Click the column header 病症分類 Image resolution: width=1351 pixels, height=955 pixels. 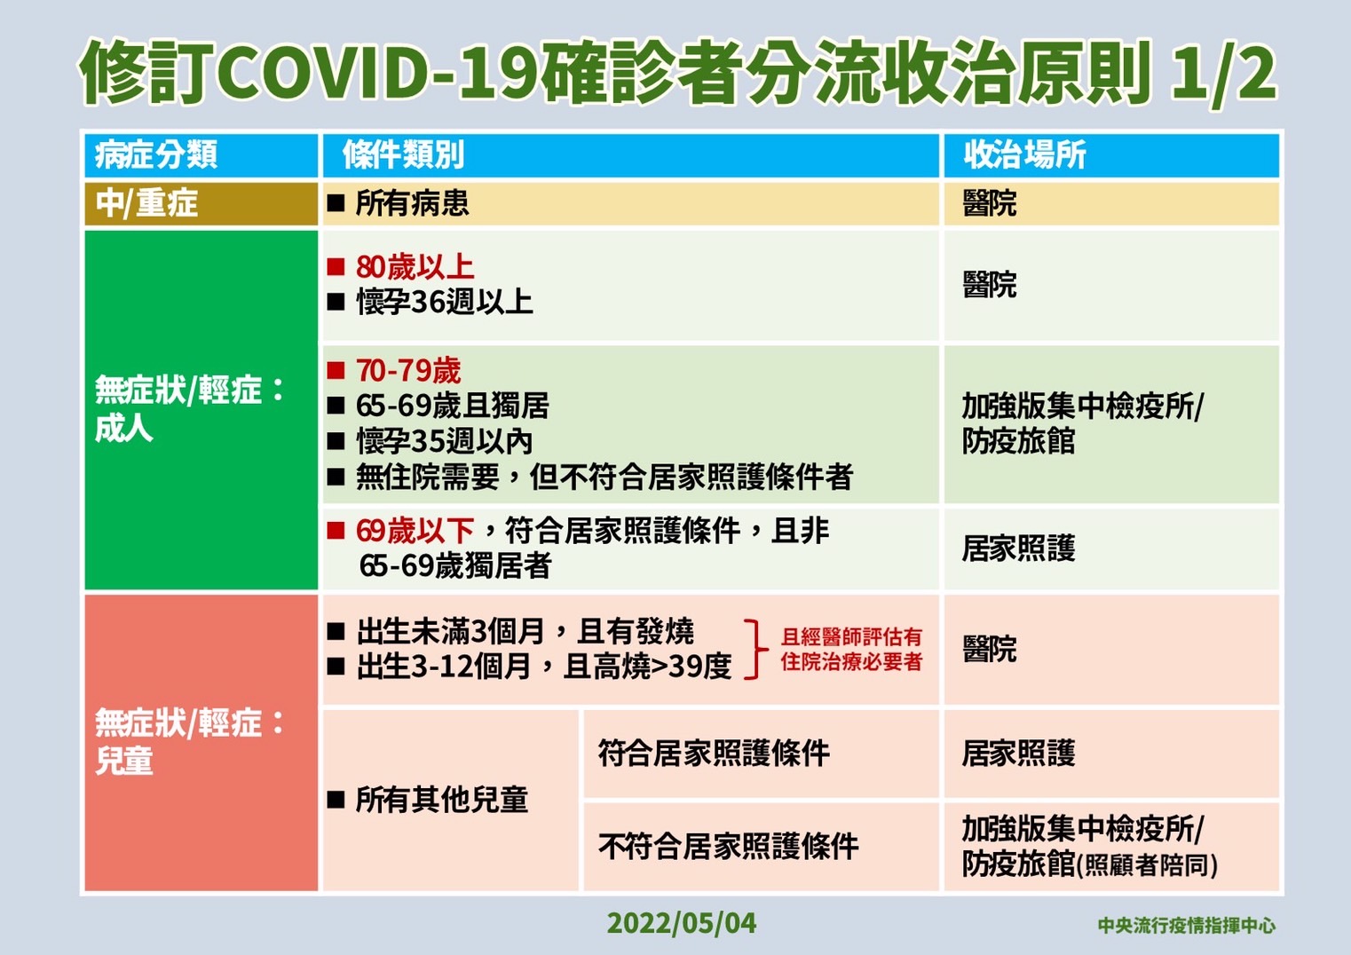coord(156,155)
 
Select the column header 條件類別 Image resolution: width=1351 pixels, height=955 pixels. coord(404,155)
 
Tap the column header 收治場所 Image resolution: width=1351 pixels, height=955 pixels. coord(1024,155)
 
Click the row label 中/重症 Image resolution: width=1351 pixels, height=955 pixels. coord(146,203)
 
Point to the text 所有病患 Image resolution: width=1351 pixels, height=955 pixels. coord(413,203)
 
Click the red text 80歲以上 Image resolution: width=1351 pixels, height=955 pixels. coord(415,267)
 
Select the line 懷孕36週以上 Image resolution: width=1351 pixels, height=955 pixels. coord(445,302)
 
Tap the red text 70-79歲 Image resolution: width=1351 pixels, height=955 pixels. coord(408,370)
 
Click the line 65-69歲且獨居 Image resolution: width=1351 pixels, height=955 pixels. coord(453,406)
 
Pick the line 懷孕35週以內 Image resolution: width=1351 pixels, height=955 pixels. coord(445,441)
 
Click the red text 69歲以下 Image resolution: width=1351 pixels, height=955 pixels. coord(415,531)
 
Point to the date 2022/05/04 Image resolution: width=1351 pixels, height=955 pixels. coord(681,923)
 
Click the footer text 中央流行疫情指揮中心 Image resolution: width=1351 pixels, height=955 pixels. coord(1187,926)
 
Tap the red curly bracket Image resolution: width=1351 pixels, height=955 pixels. coord(755,650)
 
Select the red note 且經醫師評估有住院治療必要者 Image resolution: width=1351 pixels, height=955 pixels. coord(851,650)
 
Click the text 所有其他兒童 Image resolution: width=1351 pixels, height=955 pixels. coord(442,800)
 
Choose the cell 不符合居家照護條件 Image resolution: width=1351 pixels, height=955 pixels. coord(729,847)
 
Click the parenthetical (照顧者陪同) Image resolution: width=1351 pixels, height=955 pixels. coord(1147,865)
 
